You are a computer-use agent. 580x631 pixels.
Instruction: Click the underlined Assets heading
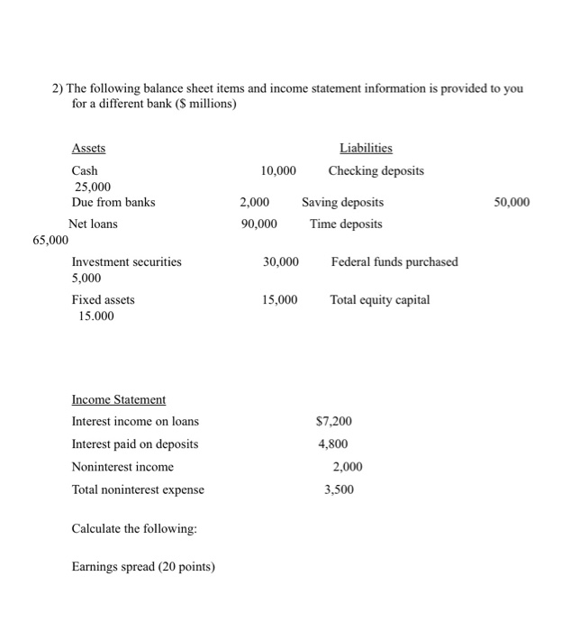88,148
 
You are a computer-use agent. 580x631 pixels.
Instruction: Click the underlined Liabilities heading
366,148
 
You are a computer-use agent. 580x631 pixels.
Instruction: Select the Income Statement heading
119,399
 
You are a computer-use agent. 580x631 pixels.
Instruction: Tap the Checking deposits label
376,170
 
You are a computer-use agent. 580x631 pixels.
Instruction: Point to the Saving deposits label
342,202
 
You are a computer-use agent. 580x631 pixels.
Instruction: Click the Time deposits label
346,224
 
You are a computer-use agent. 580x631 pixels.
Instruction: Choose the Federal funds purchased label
394,261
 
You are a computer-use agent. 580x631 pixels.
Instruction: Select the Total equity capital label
380,299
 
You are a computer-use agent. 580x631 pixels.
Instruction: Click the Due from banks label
113,202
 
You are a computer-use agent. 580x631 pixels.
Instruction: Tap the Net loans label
93,224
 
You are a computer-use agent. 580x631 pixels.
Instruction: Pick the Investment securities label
126,261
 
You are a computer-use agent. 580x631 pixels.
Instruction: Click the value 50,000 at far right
512,202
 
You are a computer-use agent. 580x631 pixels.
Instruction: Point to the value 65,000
50,240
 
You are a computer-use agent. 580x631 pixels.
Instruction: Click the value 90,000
259,224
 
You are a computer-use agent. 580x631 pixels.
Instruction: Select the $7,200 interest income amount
334,421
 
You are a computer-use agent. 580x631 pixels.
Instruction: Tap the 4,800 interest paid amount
333,444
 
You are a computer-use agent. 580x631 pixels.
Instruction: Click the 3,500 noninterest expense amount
340,489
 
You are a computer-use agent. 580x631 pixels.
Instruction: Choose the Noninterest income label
122,467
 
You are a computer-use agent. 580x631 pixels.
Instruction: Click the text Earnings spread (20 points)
143,567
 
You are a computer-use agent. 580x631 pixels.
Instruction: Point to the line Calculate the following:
134,528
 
